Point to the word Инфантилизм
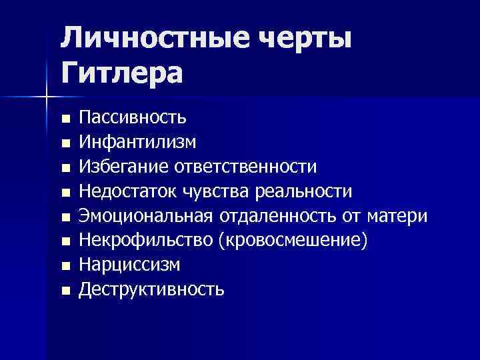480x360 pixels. click(x=138, y=141)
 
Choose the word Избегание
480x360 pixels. click(x=125, y=166)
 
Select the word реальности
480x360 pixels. click(x=304, y=191)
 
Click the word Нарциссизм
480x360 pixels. click(x=129, y=265)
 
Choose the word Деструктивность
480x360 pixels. click(x=151, y=289)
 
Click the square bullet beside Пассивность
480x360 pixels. click(x=65, y=119)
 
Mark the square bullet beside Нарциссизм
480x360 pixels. click(x=65, y=266)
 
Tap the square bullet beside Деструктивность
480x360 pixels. click(x=65, y=291)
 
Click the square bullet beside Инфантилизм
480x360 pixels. click(x=65, y=143)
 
